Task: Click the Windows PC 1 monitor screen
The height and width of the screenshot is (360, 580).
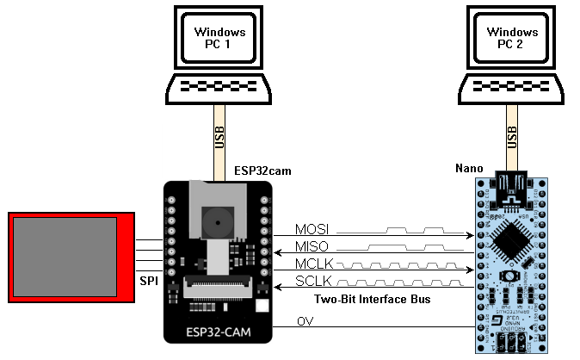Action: click(x=221, y=39)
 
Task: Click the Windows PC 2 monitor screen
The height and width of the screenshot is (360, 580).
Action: click(x=513, y=39)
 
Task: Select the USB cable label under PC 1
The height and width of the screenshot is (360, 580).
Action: click(x=220, y=137)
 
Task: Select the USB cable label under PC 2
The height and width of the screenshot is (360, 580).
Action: click(x=513, y=137)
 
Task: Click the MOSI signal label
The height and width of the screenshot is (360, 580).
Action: click(x=312, y=230)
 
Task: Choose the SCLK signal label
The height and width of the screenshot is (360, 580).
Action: click(x=312, y=282)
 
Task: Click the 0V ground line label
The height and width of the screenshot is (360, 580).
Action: click(x=305, y=321)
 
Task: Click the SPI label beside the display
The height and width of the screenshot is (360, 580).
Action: click(x=148, y=282)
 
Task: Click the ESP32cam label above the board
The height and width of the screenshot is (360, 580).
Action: click(x=262, y=171)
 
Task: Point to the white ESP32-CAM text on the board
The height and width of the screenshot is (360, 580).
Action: click(x=219, y=331)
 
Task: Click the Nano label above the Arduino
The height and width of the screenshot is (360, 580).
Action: click(x=469, y=169)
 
